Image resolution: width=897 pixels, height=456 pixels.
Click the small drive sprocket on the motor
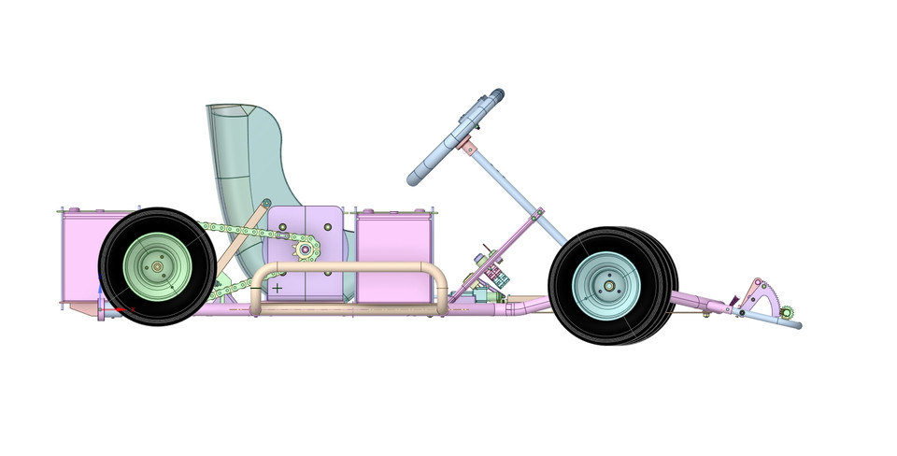(306, 249)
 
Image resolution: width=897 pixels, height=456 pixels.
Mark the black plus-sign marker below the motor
(277, 288)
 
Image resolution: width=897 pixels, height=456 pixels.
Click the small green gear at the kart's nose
(787, 312)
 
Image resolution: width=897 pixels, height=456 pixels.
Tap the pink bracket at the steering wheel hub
(468, 148)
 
